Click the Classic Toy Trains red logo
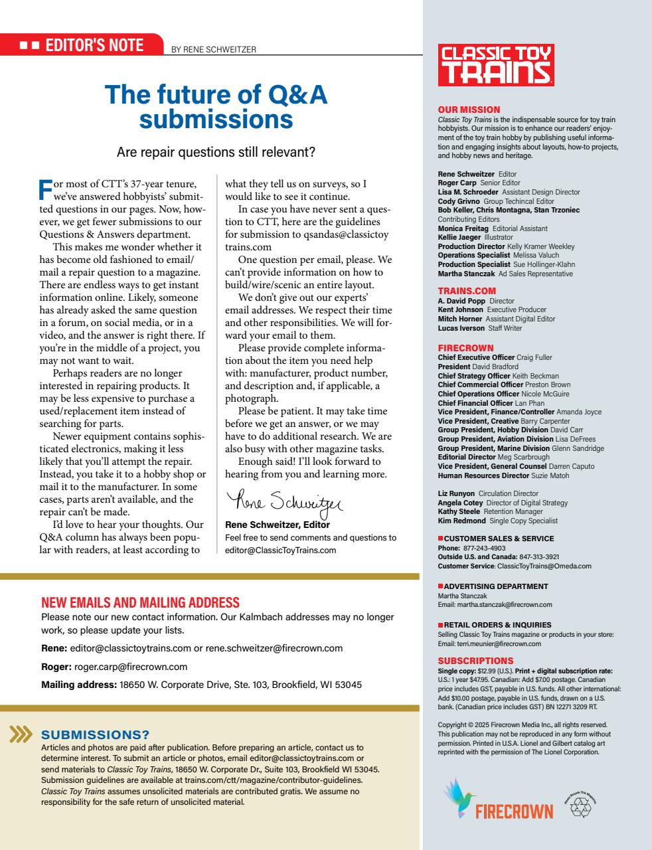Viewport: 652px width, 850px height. click(495, 65)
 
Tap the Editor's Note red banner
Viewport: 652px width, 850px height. click(82, 45)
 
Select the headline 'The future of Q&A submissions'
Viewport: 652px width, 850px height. click(216, 107)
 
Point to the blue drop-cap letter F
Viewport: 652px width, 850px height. click(45, 188)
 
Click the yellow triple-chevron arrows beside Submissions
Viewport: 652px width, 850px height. click(21, 734)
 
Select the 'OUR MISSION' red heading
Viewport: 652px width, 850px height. click(469, 110)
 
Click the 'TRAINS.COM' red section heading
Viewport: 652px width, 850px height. click(467, 291)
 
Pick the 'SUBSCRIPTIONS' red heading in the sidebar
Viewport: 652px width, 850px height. click(475, 661)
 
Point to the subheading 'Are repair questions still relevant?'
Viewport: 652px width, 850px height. click(216, 152)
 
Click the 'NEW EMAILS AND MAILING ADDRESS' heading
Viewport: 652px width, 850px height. click(140, 603)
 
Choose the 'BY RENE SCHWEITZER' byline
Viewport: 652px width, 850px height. click(213, 49)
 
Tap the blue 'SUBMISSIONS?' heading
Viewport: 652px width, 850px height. click(96, 734)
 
